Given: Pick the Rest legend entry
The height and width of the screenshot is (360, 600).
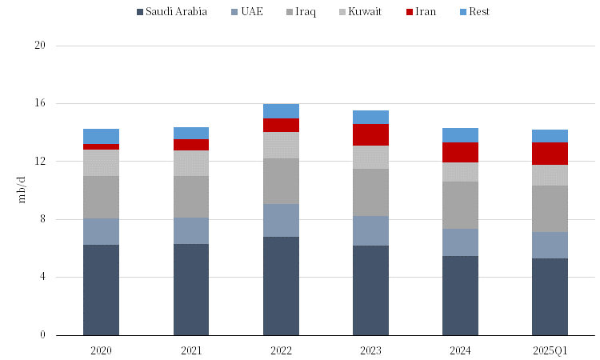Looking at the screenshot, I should coord(474,12).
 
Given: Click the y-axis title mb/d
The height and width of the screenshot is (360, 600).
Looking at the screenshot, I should coord(22,190).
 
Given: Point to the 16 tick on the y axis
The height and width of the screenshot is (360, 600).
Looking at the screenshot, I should coord(40,104).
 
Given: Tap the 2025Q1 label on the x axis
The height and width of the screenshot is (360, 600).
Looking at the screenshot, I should coord(550,351).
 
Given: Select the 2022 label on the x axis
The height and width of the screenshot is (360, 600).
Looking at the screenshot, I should coord(281,351).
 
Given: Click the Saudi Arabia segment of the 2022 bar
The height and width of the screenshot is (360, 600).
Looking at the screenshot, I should coord(281,286).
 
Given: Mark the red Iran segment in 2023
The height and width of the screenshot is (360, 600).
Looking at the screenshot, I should coord(370,134).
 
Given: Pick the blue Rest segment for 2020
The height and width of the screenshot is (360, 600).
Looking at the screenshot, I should coord(101,136).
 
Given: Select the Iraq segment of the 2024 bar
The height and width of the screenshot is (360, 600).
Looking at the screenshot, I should coord(460,205).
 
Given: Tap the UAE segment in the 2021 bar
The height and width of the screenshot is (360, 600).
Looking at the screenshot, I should coord(191,230).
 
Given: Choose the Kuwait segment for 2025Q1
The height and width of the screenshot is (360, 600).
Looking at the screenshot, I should coord(550,175).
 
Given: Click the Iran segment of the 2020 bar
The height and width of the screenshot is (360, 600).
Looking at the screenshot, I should coord(101,146).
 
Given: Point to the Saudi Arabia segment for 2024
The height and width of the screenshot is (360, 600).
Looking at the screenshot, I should coord(460,295).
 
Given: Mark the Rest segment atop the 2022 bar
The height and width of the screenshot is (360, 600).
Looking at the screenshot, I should coord(281,110).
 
